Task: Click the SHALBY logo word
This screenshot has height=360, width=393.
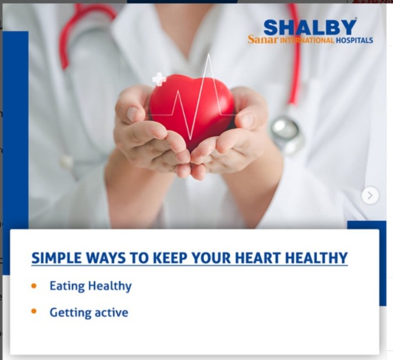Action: click(310, 28)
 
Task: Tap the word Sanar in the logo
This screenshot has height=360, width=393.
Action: click(263, 40)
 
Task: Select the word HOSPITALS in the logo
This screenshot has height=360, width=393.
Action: click(355, 40)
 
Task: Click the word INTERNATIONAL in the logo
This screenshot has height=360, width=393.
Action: click(307, 41)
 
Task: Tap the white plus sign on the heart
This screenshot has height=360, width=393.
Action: click(159, 79)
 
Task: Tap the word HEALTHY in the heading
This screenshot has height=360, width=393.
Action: click(316, 257)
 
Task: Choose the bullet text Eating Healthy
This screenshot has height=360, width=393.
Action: click(90, 286)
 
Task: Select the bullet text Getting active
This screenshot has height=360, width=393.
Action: click(89, 313)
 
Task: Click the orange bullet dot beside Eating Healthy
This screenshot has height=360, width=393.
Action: click(34, 286)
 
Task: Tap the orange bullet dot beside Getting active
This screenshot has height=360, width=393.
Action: click(34, 311)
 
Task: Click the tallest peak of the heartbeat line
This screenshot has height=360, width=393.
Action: click(209, 54)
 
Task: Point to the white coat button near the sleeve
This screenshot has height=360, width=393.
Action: click(67, 162)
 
